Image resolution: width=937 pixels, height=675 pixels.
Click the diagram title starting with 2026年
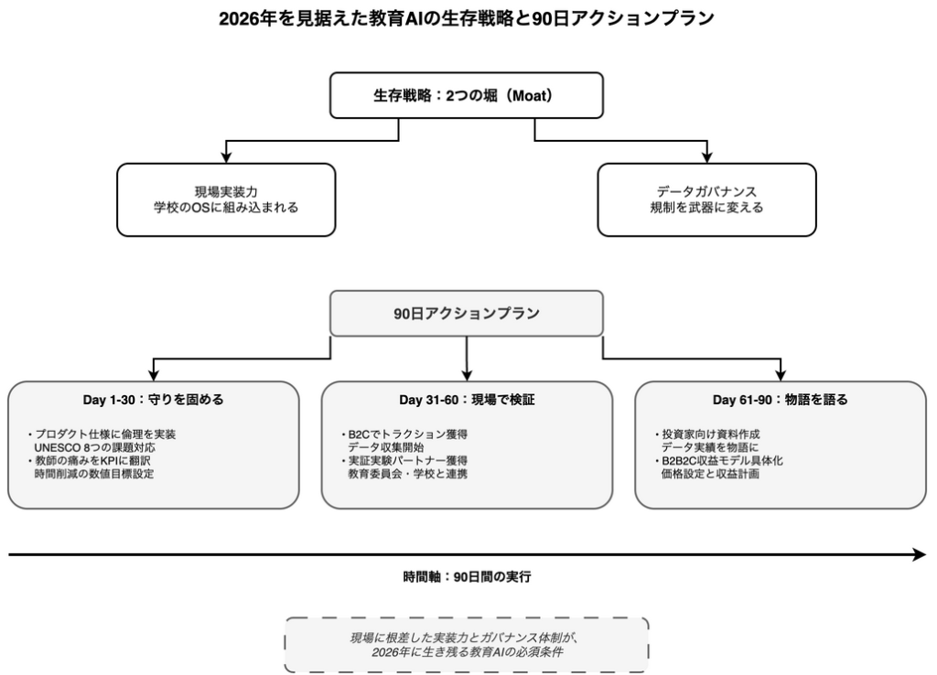point(467,18)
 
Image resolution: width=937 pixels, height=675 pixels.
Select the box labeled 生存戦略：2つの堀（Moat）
point(467,95)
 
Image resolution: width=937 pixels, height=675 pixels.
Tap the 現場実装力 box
point(226,199)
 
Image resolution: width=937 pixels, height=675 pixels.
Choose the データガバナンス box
point(706,199)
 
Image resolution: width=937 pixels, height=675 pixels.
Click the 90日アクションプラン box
point(467,313)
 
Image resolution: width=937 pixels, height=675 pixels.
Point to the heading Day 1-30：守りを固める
point(153,400)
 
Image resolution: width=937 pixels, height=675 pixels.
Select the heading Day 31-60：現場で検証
point(467,400)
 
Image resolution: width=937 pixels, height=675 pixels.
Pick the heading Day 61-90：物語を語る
point(780,400)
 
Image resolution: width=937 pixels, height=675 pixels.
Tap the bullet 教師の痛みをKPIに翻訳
point(98,461)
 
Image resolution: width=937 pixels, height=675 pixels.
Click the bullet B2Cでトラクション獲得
point(409,434)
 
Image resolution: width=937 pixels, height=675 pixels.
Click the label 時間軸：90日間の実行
point(467,577)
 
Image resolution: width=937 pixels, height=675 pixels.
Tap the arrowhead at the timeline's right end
point(920,554)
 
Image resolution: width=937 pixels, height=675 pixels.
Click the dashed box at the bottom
point(467,645)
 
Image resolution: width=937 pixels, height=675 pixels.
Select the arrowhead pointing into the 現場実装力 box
point(226,157)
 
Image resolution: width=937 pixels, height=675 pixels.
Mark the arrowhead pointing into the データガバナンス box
point(706,157)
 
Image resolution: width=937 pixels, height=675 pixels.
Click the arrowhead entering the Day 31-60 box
point(467,374)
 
